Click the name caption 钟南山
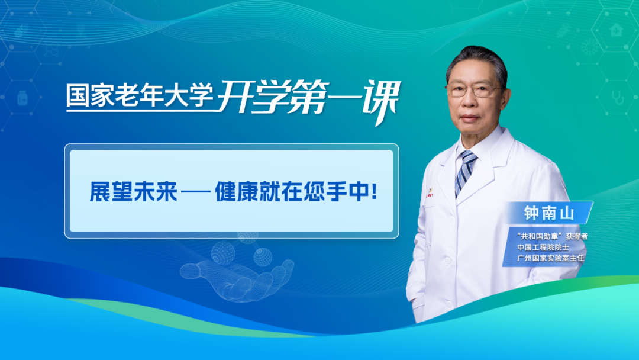548,213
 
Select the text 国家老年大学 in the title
140,97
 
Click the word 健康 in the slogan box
236,192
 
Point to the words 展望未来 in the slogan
133,192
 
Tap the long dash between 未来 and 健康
195,192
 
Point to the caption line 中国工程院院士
543,247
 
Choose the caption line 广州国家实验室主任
551,258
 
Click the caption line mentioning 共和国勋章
552,236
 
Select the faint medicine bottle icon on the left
23,98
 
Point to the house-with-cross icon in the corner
616,30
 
